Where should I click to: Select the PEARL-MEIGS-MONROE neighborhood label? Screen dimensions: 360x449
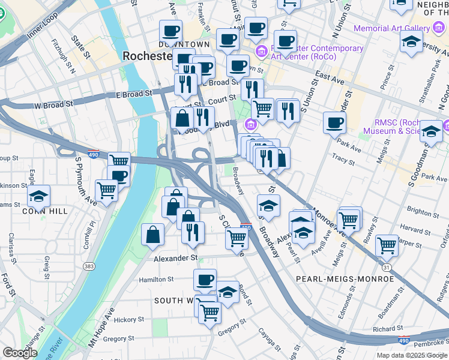coord(345,279)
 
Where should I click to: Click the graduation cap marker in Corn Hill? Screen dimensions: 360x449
coord(38,196)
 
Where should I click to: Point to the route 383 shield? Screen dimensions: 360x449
coord(89,266)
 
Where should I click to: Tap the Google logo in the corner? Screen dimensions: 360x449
coord(20,353)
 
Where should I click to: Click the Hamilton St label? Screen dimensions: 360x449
coord(156,279)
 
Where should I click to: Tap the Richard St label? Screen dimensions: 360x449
coord(383,329)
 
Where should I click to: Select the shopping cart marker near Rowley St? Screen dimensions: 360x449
coord(387,245)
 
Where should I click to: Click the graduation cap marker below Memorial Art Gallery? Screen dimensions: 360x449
coord(411,42)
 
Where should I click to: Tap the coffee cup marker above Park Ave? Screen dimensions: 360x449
coord(334,123)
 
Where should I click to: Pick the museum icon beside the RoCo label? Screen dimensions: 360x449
coord(261,52)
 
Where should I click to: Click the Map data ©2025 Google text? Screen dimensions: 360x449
coord(411,355)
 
